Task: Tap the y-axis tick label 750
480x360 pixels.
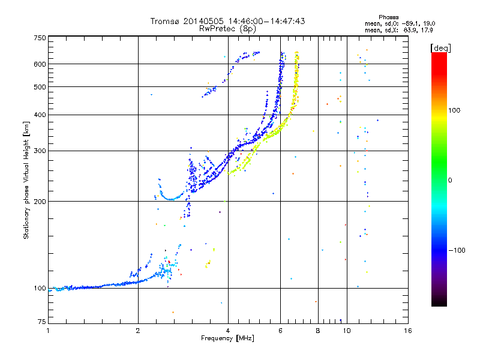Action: point(40,38)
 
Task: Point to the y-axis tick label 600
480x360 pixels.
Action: point(40,64)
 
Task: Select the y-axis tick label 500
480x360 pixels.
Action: point(40,87)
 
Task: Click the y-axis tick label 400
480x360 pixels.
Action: point(40,115)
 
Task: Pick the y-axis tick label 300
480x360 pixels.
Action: point(40,151)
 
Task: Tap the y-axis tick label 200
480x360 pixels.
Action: point(40,202)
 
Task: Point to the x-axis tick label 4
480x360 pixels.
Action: point(228,331)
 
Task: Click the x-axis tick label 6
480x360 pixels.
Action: point(280,331)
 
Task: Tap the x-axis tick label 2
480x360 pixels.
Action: point(138,331)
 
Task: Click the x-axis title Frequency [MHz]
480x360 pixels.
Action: point(228,339)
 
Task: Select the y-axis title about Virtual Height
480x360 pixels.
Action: point(26,180)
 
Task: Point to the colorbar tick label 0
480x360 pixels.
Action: point(449,180)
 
